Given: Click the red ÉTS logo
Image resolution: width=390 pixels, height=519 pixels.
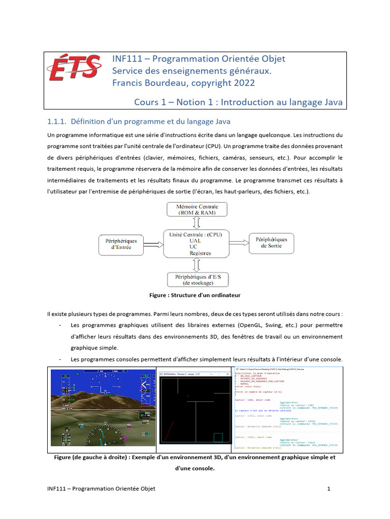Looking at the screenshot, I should (x=74, y=67).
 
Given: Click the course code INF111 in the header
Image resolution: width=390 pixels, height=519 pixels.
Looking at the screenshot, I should (x=125, y=59).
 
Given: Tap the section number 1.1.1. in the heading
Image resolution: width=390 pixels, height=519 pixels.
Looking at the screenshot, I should (x=57, y=122).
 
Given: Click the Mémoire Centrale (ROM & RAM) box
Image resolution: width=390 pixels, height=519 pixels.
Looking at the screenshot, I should (x=197, y=210).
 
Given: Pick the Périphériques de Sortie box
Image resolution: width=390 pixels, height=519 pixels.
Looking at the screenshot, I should (x=271, y=243).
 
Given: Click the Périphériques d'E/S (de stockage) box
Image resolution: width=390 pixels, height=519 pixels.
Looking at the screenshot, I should (x=197, y=280).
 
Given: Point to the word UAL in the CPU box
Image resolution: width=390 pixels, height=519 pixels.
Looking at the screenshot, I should (x=195, y=241).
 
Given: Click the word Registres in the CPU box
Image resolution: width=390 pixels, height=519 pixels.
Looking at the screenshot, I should (x=200, y=253).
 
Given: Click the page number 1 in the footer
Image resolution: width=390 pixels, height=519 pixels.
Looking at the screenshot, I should (x=329, y=489).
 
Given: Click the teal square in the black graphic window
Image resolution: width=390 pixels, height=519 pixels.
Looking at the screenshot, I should (x=218, y=438).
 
